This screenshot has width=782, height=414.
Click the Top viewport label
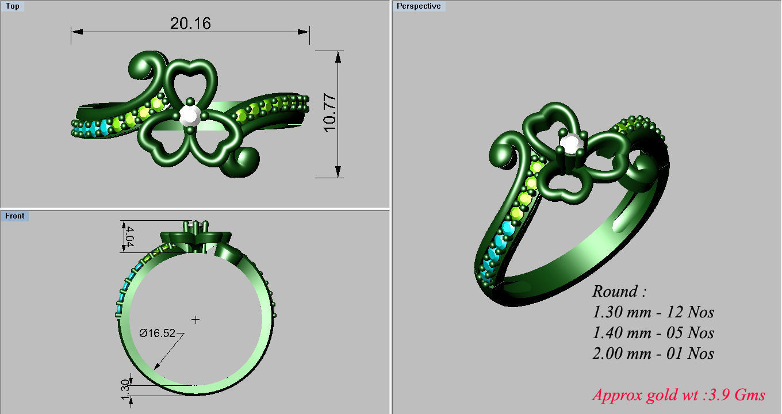(12, 6)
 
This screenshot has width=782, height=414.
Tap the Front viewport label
(14, 216)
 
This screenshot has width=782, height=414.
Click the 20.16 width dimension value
(190, 23)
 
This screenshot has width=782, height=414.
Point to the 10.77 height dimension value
(329, 113)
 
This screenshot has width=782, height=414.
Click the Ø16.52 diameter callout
(157, 333)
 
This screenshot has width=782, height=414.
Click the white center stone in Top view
(189, 115)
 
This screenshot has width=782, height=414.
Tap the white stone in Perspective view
(570, 144)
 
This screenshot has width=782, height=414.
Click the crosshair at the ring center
(195, 319)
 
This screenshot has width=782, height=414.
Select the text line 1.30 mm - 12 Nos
(653, 312)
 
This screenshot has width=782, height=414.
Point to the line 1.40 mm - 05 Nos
(653, 332)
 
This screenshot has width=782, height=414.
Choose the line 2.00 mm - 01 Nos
(653, 352)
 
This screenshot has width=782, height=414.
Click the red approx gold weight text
(678, 395)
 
